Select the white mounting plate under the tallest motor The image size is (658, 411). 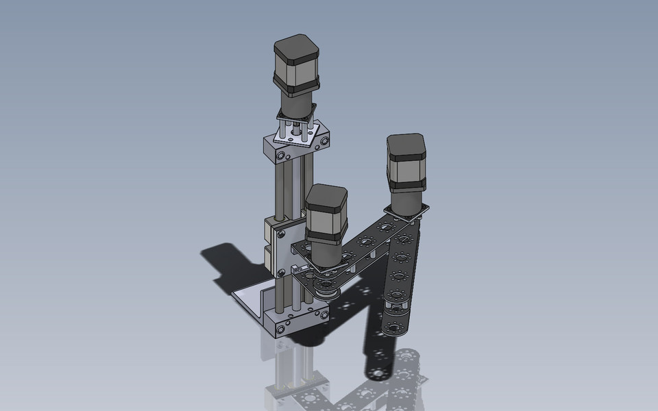296,134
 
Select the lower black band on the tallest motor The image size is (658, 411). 296,84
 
